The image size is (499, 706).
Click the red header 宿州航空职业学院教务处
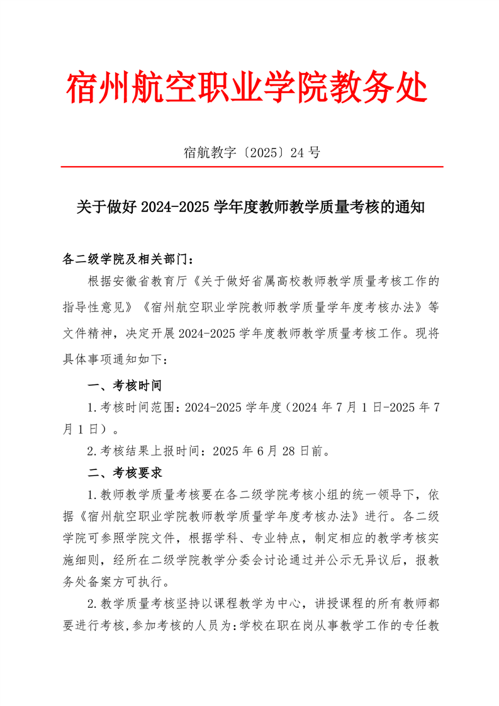(248, 87)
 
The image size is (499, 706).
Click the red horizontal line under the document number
(252, 167)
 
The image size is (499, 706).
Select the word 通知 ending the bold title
(412, 206)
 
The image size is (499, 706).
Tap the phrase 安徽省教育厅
(153, 280)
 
